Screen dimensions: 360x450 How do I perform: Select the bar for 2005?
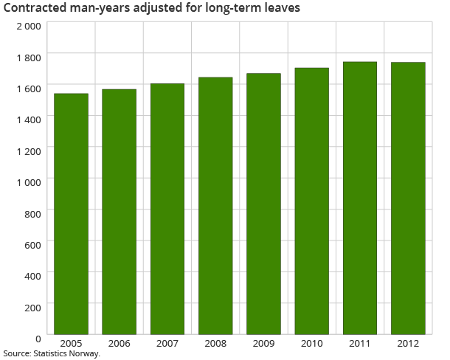[x=71, y=214]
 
